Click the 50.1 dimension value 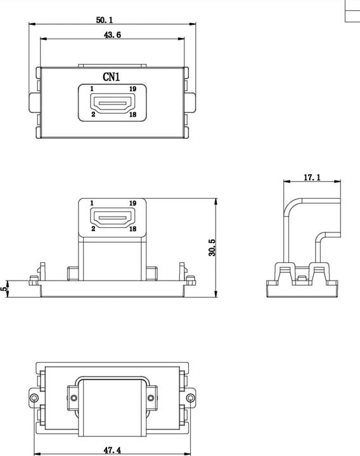click(x=105, y=20)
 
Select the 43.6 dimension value click(x=112, y=35)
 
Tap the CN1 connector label click(x=112, y=77)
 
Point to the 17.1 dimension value click(x=312, y=178)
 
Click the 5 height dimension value click(x=4, y=288)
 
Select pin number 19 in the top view click(x=132, y=89)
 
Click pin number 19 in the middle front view click(x=132, y=203)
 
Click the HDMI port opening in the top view click(x=113, y=102)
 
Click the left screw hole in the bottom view click(x=74, y=398)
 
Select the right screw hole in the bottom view click(x=151, y=398)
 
